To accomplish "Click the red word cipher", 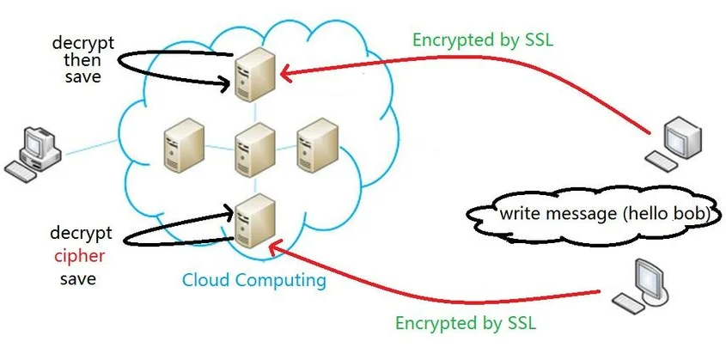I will point(78,256).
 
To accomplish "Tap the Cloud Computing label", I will point(253,280).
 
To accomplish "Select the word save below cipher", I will point(77,278).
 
